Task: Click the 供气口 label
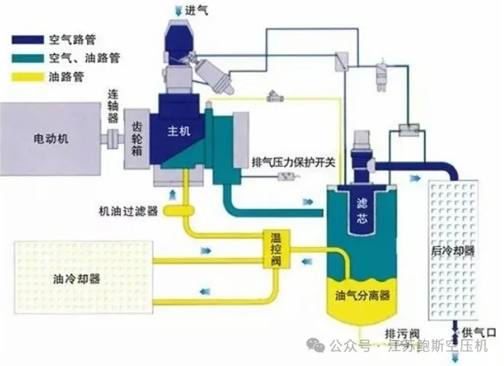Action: click(x=482, y=332)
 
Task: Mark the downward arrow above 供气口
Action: click(x=456, y=330)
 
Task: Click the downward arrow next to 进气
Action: click(x=179, y=10)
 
